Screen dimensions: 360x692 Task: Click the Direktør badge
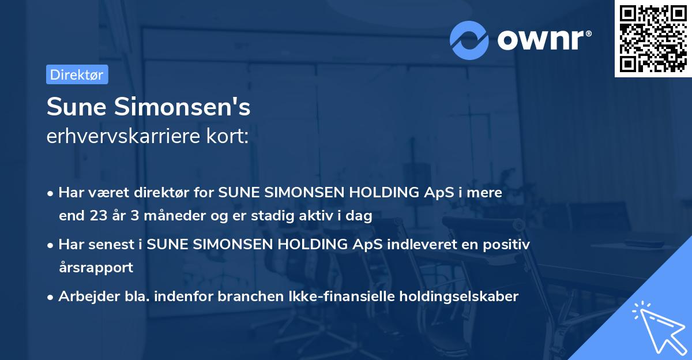(x=77, y=74)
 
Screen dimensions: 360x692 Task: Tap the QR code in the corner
(x=653, y=38)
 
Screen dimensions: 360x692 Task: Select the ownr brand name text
(x=543, y=40)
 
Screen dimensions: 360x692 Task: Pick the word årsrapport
(x=96, y=268)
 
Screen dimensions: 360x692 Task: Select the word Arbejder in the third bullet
(x=84, y=297)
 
